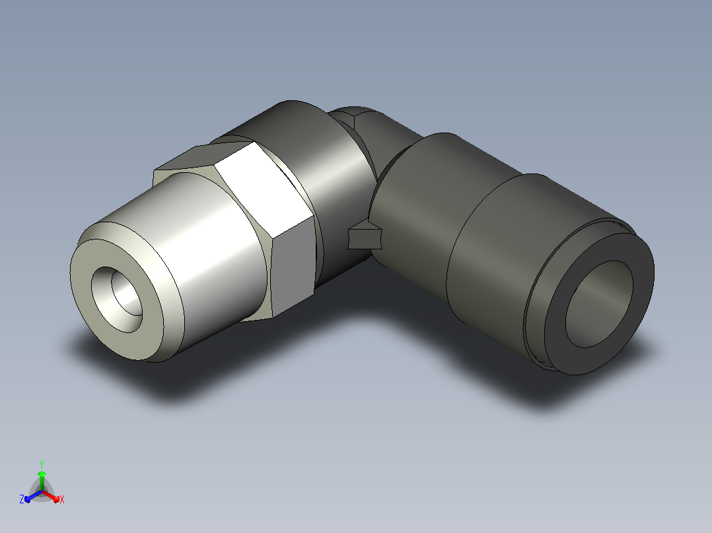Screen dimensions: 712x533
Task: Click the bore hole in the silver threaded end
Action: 117,299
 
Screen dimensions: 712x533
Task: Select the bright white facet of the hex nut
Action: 264,191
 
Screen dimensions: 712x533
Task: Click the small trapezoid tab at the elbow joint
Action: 365,237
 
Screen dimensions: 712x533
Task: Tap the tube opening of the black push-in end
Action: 599,304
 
